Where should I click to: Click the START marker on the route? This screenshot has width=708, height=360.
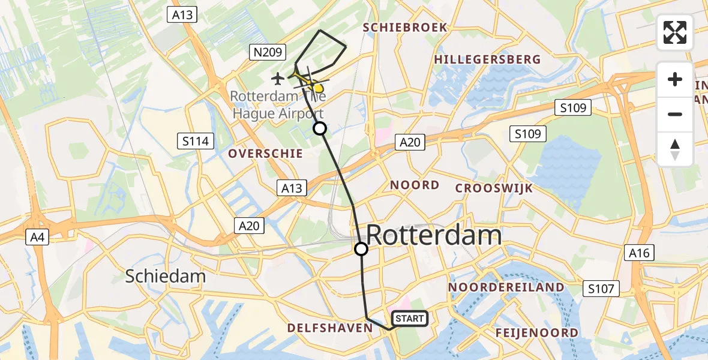click(410, 319)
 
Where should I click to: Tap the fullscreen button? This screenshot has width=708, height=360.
click(675, 32)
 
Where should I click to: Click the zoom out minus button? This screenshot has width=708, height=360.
click(675, 114)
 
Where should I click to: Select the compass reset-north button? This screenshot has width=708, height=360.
click(675, 149)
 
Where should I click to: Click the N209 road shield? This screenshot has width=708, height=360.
click(268, 53)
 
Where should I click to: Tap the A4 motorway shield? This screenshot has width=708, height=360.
click(37, 238)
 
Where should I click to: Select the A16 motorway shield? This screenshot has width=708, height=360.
click(639, 253)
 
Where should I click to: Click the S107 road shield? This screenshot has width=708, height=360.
click(601, 289)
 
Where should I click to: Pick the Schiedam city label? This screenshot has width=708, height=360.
click(166, 276)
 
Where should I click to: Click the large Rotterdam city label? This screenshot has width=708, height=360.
click(433, 235)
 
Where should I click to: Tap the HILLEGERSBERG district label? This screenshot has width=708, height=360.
click(487, 59)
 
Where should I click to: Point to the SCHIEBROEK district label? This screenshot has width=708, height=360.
click(405, 28)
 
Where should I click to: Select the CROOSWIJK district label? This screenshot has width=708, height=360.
click(494, 188)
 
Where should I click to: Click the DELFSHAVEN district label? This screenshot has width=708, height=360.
click(330, 328)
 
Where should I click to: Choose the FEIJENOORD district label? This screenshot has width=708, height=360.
click(537, 332)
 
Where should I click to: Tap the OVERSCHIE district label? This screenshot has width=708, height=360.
click(265, 154)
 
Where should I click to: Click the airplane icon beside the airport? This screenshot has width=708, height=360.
click(278, 78)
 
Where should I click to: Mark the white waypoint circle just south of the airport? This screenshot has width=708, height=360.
click(320, 128)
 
